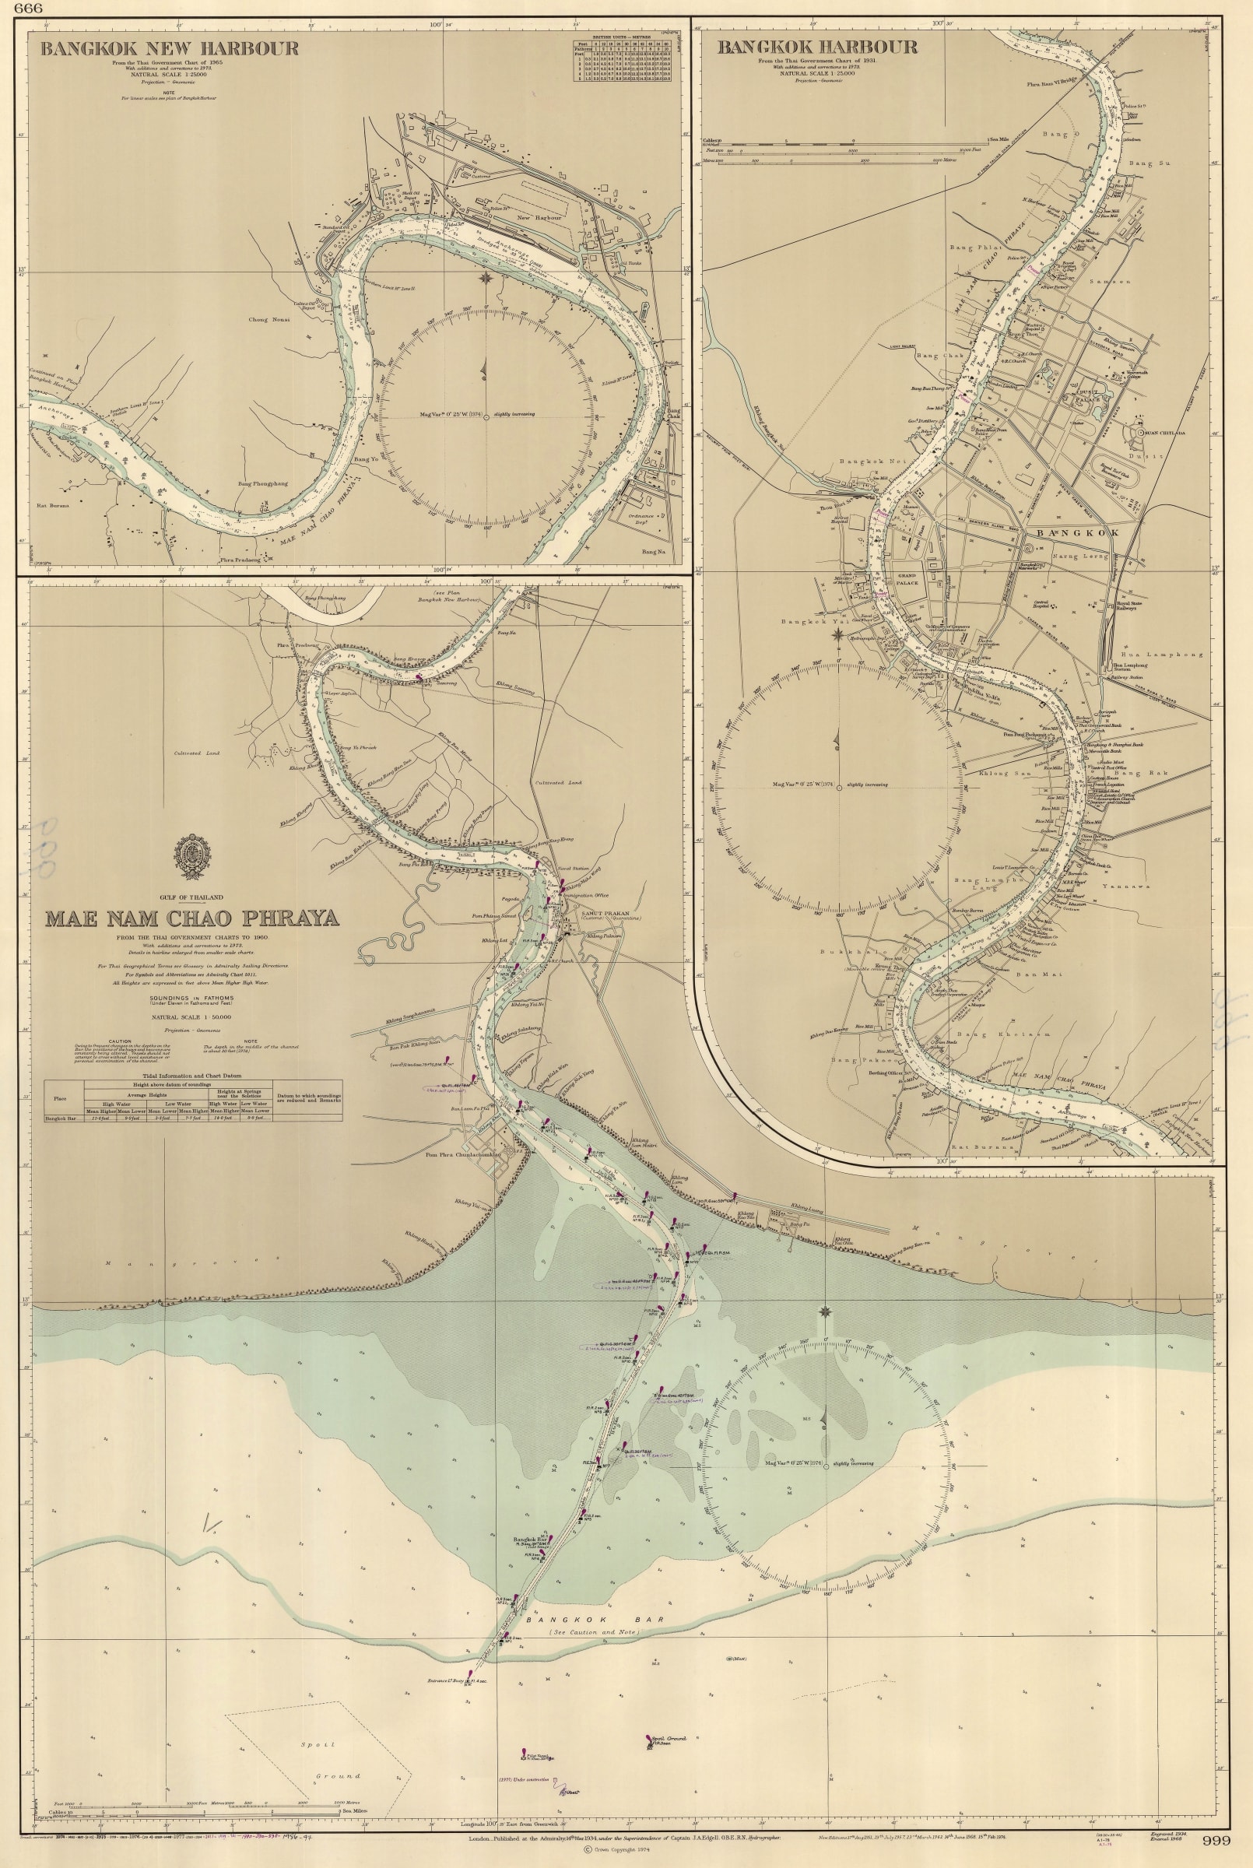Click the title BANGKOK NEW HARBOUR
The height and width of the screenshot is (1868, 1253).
(x=170, y=49)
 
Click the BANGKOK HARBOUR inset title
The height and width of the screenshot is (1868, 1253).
(x=816, y=47)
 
